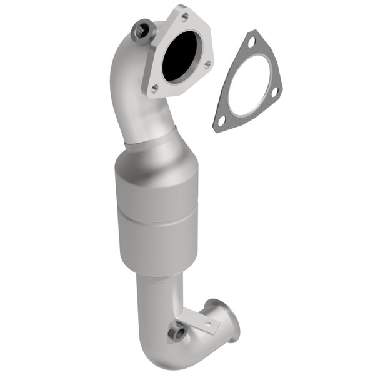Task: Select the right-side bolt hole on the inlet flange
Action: pyautogui.click(x=206, y=63)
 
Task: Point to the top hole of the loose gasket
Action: pyautogui.click(x=251, y=43)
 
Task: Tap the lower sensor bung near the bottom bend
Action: pyautogui.click(x=179, y=333)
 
